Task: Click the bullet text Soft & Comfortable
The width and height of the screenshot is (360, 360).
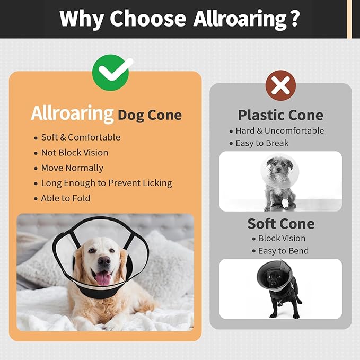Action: click(81, 137)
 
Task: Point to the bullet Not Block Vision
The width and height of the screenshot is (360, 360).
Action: click(75, 153)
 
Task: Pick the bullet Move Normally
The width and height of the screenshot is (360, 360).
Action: click(72, 168)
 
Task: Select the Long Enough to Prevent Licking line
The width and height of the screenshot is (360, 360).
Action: click(107, 183)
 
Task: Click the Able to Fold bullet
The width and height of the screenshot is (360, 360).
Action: click(66, 198)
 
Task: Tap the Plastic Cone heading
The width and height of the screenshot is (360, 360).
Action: click(280, 115)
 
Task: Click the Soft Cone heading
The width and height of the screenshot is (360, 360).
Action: click(280, 224)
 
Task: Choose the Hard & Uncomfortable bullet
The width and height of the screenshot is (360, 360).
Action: click(280, 131)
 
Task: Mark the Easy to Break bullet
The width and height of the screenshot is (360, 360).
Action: click(262, 143)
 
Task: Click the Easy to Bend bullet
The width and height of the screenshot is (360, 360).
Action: click(283, 251)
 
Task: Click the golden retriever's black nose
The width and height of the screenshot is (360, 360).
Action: click(104, 261)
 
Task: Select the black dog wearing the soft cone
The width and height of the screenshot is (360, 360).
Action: click(278, 289)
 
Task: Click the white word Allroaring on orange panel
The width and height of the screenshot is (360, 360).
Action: click(73, 113)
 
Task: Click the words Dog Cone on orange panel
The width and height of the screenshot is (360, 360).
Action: click(150, 115)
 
